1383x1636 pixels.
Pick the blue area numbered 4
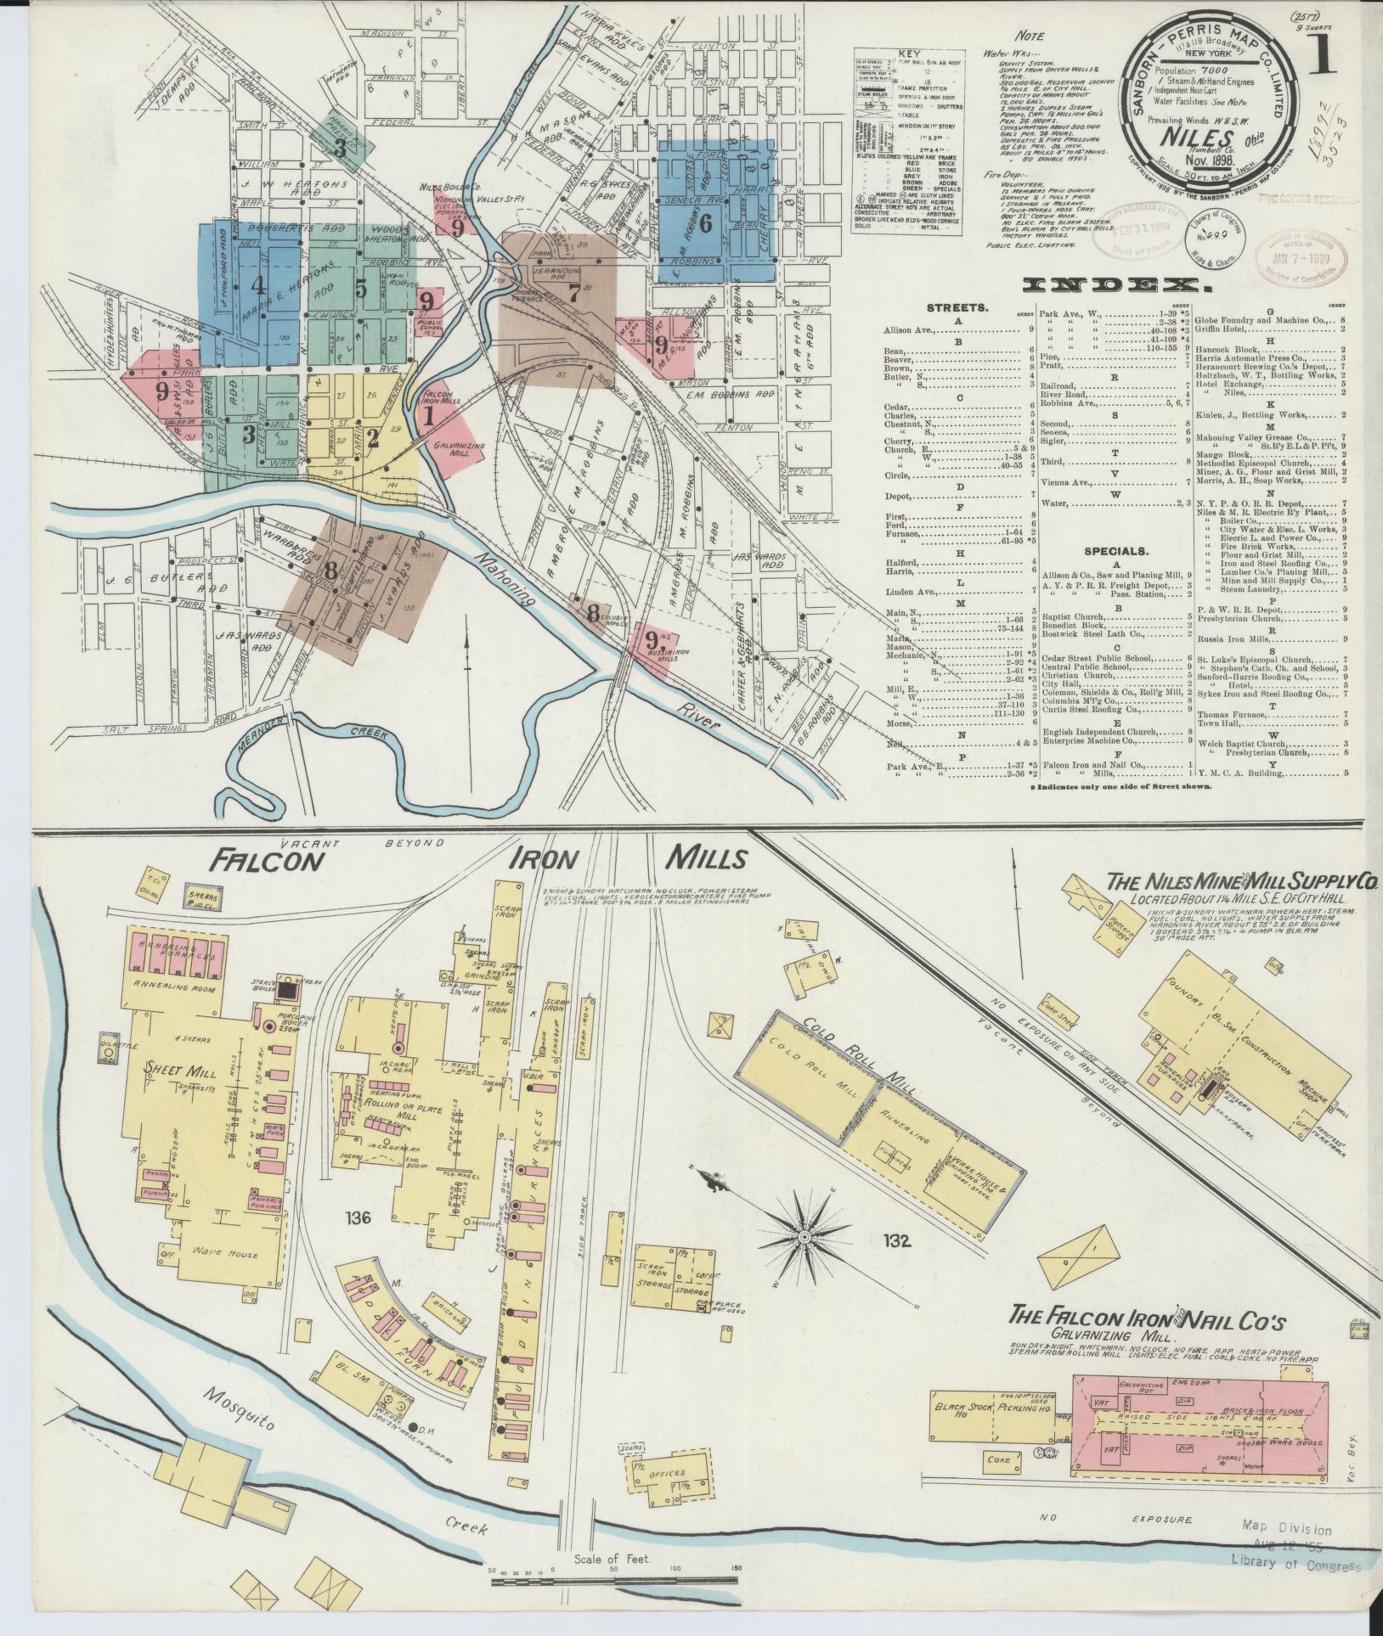pyautogui.click(x=258, y=284)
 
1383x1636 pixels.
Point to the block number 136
pyautogui.click(x=358, y=1219)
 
